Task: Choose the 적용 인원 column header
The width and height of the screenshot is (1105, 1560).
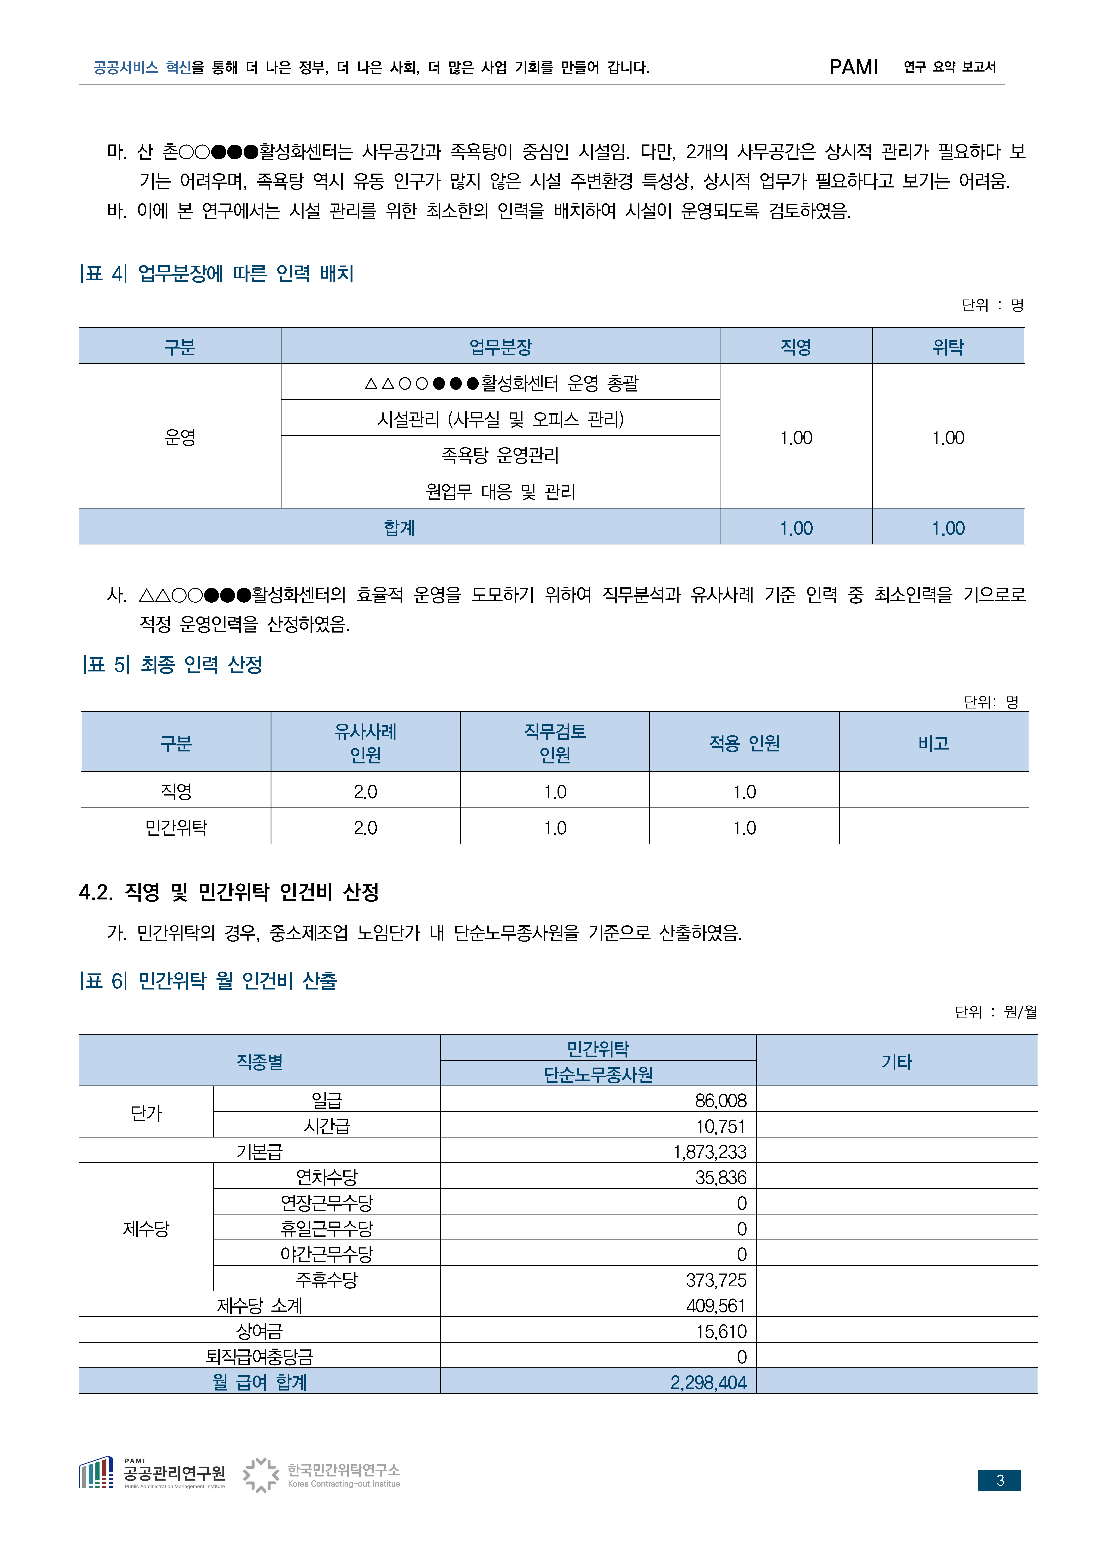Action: tap(744, 743)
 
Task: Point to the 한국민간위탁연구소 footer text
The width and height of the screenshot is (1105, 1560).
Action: tap(344, 1470)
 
